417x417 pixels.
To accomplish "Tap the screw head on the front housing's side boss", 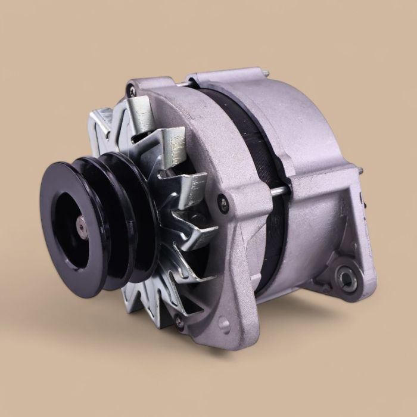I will (x=222, y=199).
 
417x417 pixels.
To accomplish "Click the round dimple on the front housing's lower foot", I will (x=224, y=325).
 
